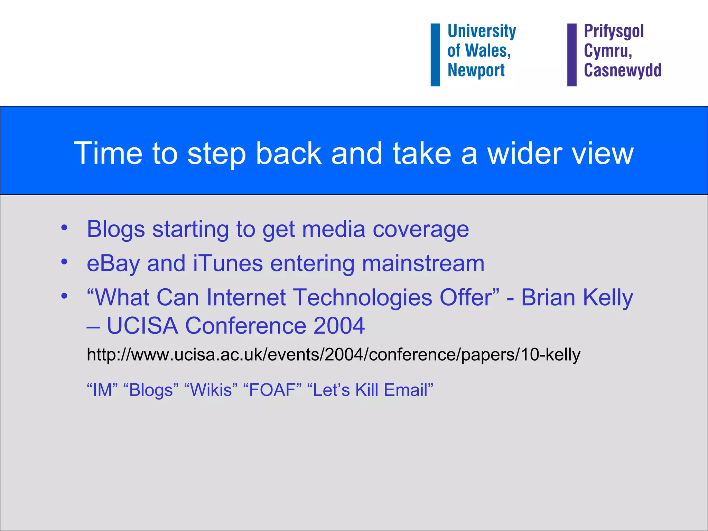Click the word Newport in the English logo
tap(476, 70)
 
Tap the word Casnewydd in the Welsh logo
tap(622, 70)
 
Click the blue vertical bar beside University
tap(435, 55)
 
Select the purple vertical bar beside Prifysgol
tap(572, 55)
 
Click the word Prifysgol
tap(614, 31)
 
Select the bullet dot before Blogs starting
tap(64, 228)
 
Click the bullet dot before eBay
tap(64, 262)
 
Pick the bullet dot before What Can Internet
tap(64, 296)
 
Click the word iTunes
tap(228, 263)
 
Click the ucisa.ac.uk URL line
tap(333, 355)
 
